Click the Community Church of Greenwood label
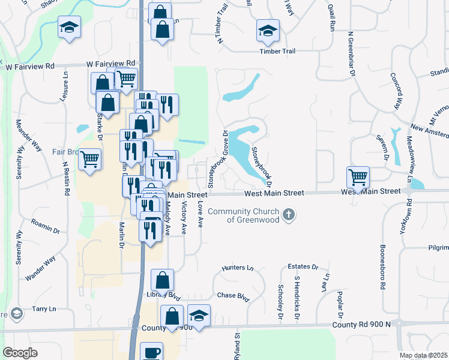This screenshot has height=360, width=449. tap(243, 215)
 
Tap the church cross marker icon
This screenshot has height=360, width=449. tap(289, 215)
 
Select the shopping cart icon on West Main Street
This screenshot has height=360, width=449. tap(358, 177)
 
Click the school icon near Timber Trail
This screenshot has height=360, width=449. tap(268, 29)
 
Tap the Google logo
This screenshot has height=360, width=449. tap(20, 353)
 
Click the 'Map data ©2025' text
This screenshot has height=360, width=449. tap(423, 355)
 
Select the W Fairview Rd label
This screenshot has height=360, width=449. tap(110, 63)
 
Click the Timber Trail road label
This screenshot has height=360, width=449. tap(277, 52)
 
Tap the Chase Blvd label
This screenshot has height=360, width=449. tap(233, 295)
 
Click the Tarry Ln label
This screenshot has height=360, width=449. tap(44, 308)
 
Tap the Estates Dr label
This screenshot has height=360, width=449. tap(303, 266)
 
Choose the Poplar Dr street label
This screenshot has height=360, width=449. tap(340, 306)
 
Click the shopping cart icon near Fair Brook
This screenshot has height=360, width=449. tap(90, 160)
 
